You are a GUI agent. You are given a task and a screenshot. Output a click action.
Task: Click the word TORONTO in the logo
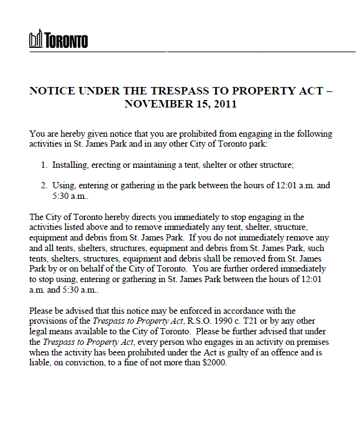click(x=66, y=41)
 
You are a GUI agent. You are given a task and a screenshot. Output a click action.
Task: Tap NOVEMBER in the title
click(x=154, y=104)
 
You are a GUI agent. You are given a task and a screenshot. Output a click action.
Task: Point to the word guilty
click(x=222, y=352)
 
